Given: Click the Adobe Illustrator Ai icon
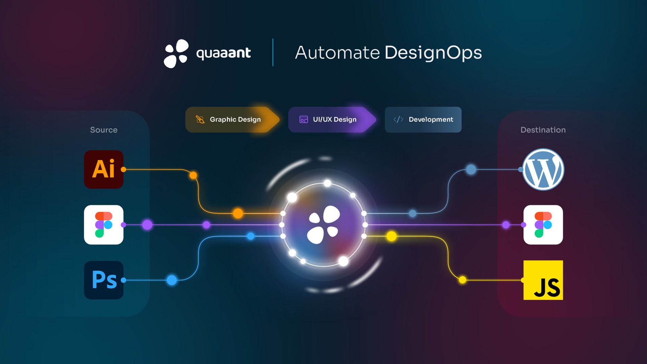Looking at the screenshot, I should pyautogui.click(x=104, y=169).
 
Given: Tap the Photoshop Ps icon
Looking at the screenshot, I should pyautogui.click(x=104, y=280).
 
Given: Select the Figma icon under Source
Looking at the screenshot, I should pyautogui.click(x=104, y=225).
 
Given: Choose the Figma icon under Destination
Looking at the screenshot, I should pyautogui.click(x=543, y=225).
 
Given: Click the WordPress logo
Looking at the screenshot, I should pyautogui.click(x=543, y=169).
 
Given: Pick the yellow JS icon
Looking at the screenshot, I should pyautogui.click(x=543, y=280).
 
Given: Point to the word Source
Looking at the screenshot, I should pyautogui.click(x=104, y=130).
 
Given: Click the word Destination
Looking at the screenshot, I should pyautogui.click(x=543, y=130).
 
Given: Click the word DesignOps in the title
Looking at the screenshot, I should pyautogui.click(x=433, y=53).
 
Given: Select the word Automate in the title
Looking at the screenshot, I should pyautogui.click(x=337, y=53).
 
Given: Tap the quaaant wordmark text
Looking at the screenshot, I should pyautogui.click(x=223, y=53).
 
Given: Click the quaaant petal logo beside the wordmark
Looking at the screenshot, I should pyautogui.click(x=176, y=53).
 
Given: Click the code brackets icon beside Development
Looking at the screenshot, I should pyautogui.click(x=398, y=119).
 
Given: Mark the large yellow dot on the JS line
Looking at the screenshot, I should pyautogui.click(x=391, y=236).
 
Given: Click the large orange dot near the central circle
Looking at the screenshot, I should pyautogui.click(x=238, y=213).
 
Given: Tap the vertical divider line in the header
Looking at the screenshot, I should pyautogui.click(x=273, y=52).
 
